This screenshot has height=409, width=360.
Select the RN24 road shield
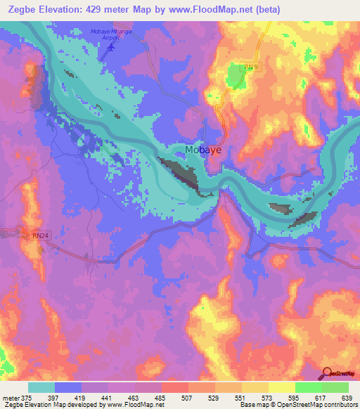[x=41, y=236]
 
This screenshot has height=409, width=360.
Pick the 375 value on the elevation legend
[x=28, y=398]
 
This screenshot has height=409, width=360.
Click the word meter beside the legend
[x=11, y=398]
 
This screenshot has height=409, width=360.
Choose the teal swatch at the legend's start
[x=41, y=387]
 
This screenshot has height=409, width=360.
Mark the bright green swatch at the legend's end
[x=335, y=387]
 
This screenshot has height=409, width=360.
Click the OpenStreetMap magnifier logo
[x=328, y=374]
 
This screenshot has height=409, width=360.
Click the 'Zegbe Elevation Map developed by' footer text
[x=49, y=405]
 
